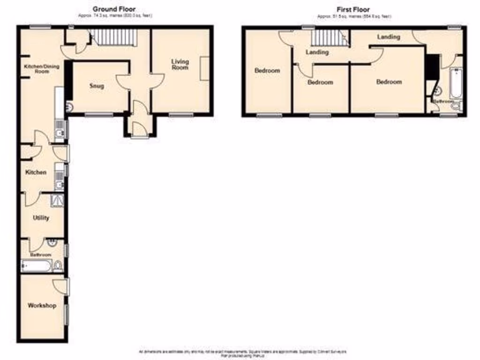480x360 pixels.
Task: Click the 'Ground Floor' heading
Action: [114, 9]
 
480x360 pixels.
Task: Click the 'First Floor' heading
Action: [353, 9]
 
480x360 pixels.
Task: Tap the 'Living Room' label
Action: [180, 65]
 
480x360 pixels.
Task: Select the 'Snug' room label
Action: [97, 86]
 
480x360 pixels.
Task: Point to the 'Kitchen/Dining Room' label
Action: [42, 69]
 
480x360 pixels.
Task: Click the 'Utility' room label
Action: [41, 218]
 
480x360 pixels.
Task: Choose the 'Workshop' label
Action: [42, 306]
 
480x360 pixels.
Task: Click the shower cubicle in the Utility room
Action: [57, 200]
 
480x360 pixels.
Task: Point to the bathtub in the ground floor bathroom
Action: [36, 267]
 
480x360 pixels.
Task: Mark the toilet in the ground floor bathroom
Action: [58, 267]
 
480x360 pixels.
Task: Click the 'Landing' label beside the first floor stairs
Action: [317, 52]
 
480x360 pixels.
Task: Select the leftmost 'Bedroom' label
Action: [267, 71]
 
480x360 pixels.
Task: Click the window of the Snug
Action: [98, 114]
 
